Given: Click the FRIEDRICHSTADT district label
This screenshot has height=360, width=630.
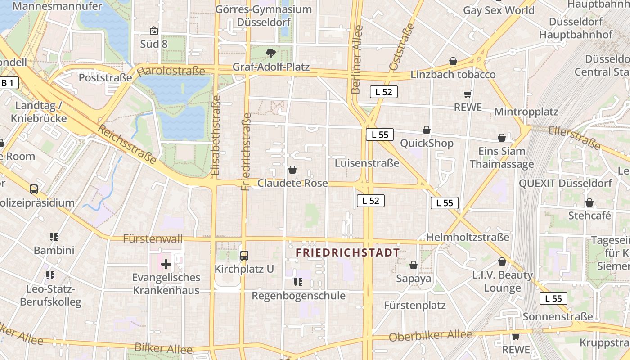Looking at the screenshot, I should [348, 253].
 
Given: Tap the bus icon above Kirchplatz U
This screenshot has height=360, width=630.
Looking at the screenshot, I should [244, 256].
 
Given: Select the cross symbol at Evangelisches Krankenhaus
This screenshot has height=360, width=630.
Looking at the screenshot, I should [166, 264].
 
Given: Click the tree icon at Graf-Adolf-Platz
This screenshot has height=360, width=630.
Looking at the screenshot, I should [271, 54].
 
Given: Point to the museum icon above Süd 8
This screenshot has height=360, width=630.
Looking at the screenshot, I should [154, 31].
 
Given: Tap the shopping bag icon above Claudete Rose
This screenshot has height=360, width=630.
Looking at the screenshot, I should [292, 170].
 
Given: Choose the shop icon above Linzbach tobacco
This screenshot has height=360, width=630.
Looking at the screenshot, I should [453, 61].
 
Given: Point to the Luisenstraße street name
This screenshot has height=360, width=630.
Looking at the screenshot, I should [367, 163].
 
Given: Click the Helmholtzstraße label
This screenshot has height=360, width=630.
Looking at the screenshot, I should [468, 237].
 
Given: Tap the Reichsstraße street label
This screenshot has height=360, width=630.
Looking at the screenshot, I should [128, 144].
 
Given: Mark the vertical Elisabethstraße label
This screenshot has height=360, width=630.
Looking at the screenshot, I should [216, 135].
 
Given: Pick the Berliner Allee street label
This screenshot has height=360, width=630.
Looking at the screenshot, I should [357, 60].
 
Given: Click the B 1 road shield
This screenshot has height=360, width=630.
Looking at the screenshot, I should [8, 83].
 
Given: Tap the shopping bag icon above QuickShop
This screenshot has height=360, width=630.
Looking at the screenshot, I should [427, 130].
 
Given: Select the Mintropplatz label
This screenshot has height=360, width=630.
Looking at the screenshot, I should [526, 112].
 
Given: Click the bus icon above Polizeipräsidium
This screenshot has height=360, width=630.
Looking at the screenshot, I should [34, 189].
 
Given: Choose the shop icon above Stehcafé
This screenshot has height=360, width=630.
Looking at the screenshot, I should [589, 202].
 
